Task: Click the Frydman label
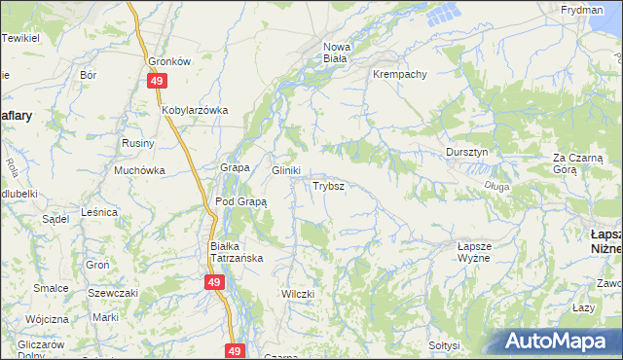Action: pos(581,9)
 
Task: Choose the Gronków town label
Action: pos(168,60)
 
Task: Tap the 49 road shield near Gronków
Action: pos(157,83)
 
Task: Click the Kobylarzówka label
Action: pos(195,110)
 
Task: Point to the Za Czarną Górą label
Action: pos(578,162)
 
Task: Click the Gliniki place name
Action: pos(285,169)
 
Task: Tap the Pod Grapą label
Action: pos(240,201)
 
